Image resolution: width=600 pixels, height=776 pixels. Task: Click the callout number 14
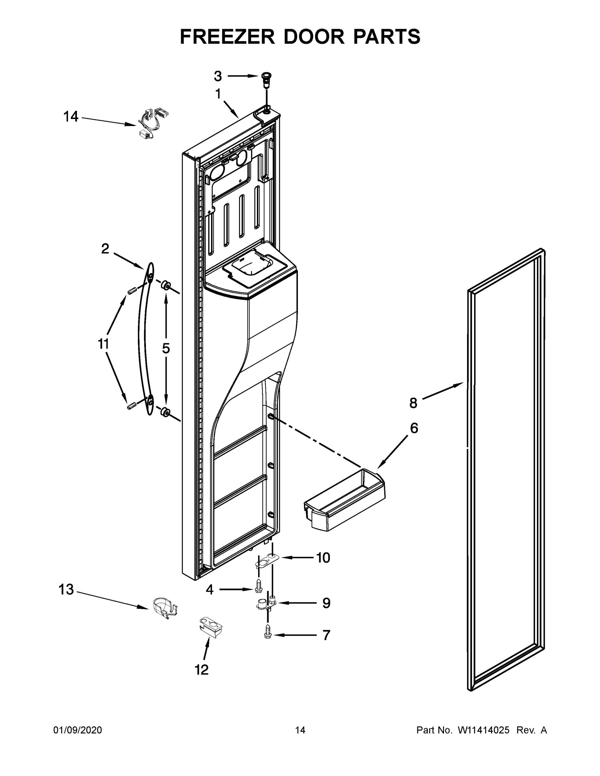(x=71, y=116)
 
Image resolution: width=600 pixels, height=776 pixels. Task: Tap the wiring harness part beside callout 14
(x=153, y=123)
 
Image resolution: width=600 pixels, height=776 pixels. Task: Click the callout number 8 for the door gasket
(x=413, y=403)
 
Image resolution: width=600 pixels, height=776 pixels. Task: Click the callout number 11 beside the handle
(x=104, y=344)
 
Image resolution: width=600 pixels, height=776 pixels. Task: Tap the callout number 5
(x=166, y=349)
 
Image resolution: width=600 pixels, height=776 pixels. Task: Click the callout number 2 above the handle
(x=105, y=249)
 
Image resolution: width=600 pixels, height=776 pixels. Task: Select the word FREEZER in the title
(x=227, y=37)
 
